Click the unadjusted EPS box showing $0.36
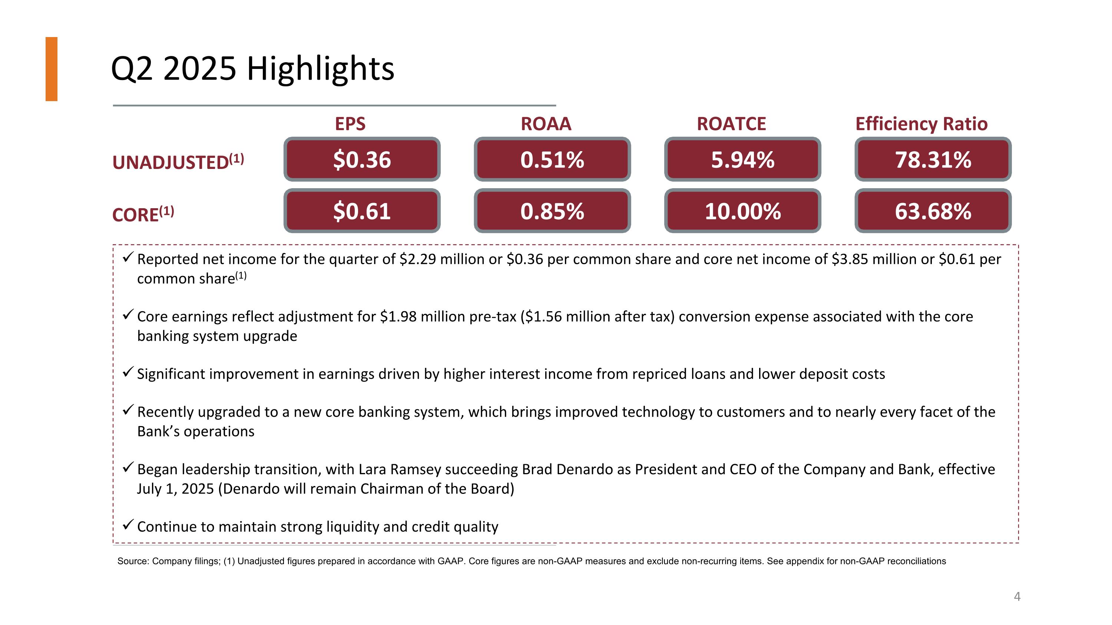[362, 160]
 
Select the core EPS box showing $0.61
[362, 211]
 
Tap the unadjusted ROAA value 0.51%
[552, 160]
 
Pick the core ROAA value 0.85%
[552, 211]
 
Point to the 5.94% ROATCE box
[742, 160]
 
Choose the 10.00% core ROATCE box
[742, 211]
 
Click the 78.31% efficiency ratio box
[933, 160]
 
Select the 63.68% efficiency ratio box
[933, 211]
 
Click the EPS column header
[350, 124]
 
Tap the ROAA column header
[546, 124]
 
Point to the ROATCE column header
[731, 124]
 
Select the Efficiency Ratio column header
[921, 124]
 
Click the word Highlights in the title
[320, 69]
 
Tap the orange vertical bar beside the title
[52, 69]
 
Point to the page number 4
[1017, 596]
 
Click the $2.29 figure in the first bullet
[417, 259]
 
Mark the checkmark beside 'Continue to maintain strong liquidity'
[128, 525]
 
